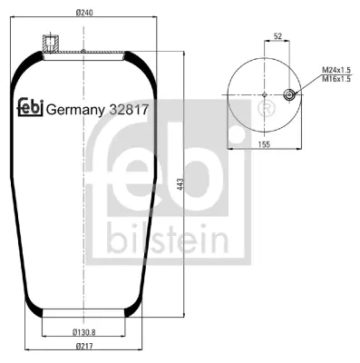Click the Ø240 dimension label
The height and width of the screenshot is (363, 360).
click(84, 13)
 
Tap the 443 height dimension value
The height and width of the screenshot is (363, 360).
click(180, 184)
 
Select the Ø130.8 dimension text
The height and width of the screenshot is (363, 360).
click(83, 332)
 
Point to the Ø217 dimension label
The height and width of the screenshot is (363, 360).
click(84, 346)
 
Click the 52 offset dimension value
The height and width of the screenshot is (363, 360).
click(277, 36)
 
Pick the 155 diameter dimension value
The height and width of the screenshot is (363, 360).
click(264, 144)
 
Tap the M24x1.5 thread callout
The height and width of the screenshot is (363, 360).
click(336, 71)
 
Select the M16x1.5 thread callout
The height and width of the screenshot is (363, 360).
click(336, 79)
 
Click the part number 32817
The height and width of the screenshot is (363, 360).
click(129, 110)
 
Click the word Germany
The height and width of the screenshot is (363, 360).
click(75, 111)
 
